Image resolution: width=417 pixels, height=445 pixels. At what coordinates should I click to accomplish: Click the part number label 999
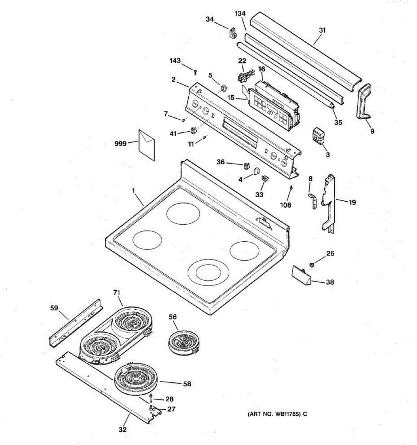(120, 143)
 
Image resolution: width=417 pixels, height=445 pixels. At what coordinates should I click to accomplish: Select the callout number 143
(175, 60)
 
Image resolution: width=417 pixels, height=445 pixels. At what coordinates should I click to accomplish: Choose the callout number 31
(322, 30)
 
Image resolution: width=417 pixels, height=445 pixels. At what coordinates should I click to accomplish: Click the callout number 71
(117, 293)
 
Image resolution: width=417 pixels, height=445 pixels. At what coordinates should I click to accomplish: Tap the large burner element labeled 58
(137, 379)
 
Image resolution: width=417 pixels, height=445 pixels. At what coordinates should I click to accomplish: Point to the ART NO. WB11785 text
(277, 414)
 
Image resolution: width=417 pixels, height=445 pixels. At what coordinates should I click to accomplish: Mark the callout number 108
(285, 205)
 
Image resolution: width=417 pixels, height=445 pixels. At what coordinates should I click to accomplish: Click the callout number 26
(330, 253)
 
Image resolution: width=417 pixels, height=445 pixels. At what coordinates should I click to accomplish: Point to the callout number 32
(122, 429)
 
